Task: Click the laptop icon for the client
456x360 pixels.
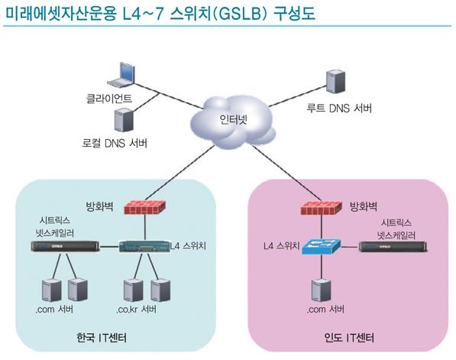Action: [x=121, y=74]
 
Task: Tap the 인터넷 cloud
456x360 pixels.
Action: [x=233, y=122]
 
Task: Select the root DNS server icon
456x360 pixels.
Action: [x=335, y=82]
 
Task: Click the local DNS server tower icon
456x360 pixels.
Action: [x=124, y=119]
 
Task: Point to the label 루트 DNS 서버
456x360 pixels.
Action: [x=339, y=109]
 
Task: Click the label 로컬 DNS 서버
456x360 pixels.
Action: [x=115, y=143]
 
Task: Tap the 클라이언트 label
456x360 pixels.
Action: [x=109, y=99]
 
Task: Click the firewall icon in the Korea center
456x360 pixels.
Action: [x=144, y=207]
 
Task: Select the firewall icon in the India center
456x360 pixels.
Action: [x=321, y=207]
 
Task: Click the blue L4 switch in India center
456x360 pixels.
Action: [x=322, y=247]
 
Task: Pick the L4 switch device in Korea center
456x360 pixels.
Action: [x=144, y=246]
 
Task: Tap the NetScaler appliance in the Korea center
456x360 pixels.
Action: [x=65, y=246]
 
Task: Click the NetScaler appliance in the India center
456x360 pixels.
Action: [x=393, y=247]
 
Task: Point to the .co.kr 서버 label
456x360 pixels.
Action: [x=137, y=309]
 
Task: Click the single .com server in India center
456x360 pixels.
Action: [x=321, y=290]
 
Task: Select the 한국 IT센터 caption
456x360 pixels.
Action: [x=102, y=338]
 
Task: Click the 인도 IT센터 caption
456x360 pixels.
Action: [x=349, y=338]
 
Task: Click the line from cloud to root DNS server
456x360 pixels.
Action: [x=297, y=96]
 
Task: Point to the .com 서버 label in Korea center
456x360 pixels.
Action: [x=54, y=309]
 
